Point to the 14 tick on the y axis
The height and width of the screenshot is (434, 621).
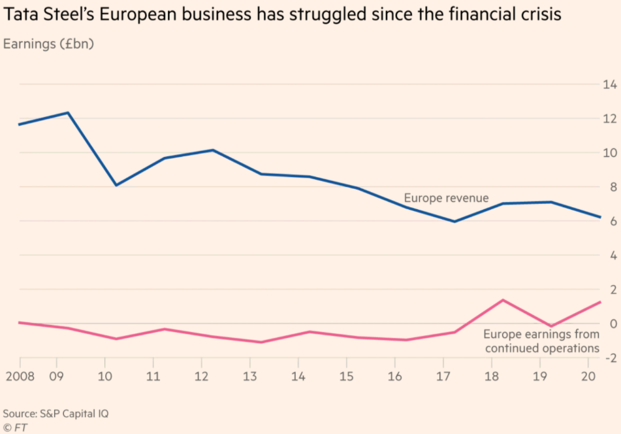610,84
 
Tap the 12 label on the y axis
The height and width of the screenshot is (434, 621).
610,118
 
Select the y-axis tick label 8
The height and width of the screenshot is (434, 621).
613,187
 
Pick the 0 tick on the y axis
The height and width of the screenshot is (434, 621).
613,324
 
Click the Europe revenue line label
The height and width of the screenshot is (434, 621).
446,198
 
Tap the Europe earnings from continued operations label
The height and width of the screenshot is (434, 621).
541,341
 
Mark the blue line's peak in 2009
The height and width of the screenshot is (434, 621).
68,112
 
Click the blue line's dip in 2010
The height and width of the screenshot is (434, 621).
116,186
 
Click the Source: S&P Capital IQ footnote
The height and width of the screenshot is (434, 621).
56,414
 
